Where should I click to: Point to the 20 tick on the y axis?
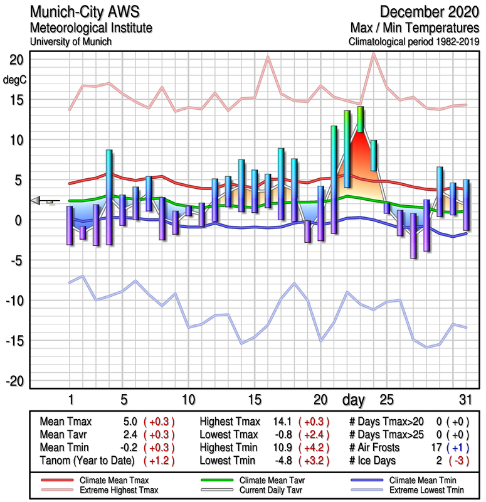[x=16, y=60]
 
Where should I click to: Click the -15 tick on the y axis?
[x=14, y=341]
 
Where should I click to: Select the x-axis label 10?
[x=188, y=399]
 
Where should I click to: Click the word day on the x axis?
[x=355, y=399]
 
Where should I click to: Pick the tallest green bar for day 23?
[x=360, y=119]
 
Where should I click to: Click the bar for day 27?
[x=413, y=235]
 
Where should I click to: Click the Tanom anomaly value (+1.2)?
[x=159, y=460]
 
